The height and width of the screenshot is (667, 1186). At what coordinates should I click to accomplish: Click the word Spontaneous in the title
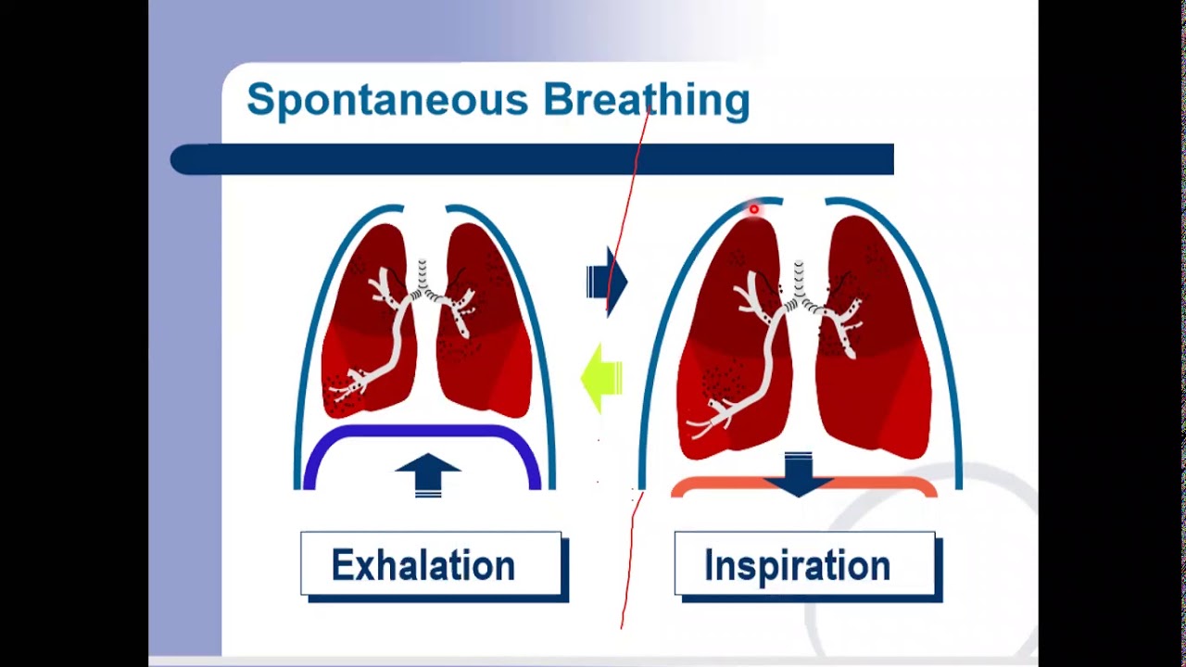(388, 100)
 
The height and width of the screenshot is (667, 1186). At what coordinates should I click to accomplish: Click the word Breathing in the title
(646, 100)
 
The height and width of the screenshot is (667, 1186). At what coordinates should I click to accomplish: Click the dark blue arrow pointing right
(607, 281)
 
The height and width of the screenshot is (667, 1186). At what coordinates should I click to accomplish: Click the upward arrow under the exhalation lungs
(427, 473)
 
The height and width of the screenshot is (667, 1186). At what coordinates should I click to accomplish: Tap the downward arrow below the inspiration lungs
(798, 472)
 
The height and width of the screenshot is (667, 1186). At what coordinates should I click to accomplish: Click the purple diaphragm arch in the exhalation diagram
(422, 434)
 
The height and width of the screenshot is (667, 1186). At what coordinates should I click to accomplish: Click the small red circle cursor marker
(753, 210)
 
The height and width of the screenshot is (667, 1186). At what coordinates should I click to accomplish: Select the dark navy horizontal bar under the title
(532, 159)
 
